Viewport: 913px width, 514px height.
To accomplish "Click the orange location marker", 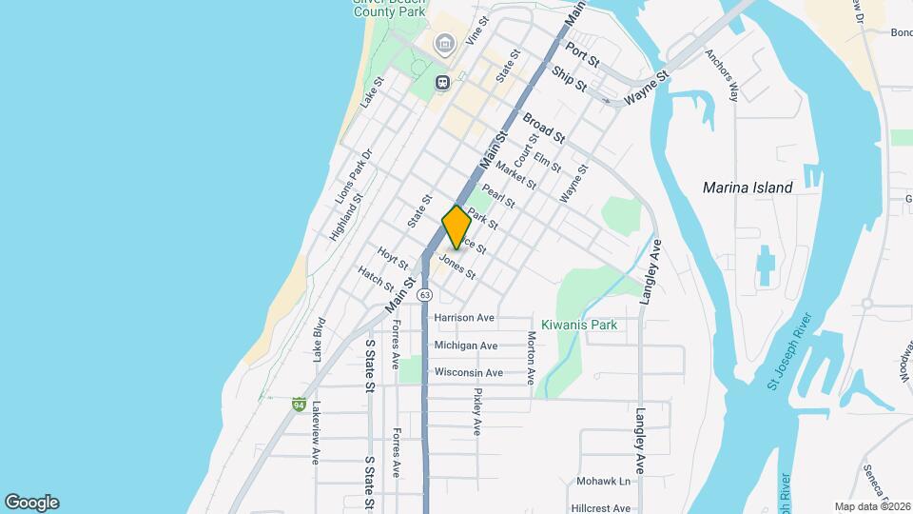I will click(x=456, y=227).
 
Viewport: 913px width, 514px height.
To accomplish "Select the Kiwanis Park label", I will click(x=579, y=325).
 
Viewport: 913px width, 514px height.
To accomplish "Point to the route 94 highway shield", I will click(x=299, y=405).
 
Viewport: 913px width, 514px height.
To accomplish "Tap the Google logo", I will click(x=31, y=503).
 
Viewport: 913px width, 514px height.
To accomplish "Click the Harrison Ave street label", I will click(x=464, y=317).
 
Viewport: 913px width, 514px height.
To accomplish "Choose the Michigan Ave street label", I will click(x=465, y=346).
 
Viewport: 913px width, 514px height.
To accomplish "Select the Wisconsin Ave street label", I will click(x=468, y=372).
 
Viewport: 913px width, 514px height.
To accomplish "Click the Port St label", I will click(x=582, y=53).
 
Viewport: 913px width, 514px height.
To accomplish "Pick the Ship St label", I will click(x=570, y=79).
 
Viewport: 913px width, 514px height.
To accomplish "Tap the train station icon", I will click(x=443, y=82).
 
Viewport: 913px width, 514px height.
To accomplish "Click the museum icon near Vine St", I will click(x=443, y=44).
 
